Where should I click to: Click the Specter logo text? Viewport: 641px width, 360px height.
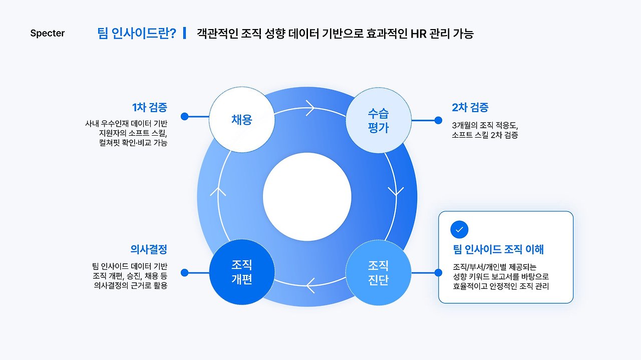(x=48, y=34)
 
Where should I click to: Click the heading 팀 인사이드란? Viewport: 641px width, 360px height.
(x=137, y=34)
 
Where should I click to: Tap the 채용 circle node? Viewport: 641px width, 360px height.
(x=242, y=120)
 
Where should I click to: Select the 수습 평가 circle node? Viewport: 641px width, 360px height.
(x=378, y=120)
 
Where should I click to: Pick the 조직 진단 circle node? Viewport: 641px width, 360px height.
(x=378, y=272)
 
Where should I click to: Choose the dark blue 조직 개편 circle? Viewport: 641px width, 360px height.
(x=242, y=272)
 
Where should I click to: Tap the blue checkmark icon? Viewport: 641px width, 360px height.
(x=460, y=230)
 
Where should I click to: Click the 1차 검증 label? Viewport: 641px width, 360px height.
(x=150, y=107)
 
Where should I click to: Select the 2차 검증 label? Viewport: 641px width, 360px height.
(x=470, y=107)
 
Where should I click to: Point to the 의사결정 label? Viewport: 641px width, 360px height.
(x=149, y=249)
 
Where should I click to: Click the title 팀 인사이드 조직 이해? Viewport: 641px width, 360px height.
(x=498, y=249)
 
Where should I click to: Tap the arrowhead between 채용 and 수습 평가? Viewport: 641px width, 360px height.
(x=310, y=107)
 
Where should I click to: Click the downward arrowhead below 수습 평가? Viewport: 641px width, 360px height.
(x=397, y=191)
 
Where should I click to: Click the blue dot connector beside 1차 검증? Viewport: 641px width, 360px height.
(x=184, y=116)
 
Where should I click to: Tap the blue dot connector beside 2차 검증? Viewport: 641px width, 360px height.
(x=438, y=120)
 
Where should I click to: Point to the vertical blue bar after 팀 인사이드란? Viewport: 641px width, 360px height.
(x=185, y=34)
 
